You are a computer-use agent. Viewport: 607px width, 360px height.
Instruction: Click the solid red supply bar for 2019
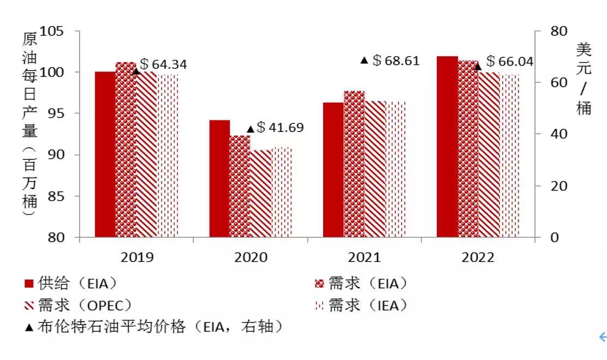tap(105, 154)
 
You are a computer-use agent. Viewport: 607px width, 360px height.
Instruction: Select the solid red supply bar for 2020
tap(219, 179)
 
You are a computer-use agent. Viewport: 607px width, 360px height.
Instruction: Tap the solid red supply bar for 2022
tap(447, 147)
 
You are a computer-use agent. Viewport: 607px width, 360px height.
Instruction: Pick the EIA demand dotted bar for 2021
tap(354, 164)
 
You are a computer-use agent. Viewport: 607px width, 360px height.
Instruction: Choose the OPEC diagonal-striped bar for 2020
tap(261, 193)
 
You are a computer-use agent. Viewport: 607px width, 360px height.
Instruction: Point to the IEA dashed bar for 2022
tap(510, 155)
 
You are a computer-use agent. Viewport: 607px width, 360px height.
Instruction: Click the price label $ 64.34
tap(163, 64)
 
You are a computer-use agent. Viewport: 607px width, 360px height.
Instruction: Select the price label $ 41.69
tap(280, 127)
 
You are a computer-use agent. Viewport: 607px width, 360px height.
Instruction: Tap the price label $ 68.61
tap(396, 61)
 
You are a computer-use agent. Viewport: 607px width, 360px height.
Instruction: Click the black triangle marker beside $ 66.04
tap(478, 67)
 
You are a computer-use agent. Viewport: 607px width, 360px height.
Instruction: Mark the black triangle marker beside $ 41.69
tap(251, 129)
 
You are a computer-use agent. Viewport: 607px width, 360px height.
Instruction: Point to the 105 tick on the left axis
tap(51, 31)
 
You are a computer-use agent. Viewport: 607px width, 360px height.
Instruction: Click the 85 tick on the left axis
tap(56, 196)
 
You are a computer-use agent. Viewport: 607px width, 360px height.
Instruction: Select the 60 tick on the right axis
tap(558, 82)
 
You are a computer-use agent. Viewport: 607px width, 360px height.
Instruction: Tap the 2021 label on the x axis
tap(364, 257)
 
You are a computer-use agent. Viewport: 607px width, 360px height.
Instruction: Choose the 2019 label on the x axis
tap(137, 257)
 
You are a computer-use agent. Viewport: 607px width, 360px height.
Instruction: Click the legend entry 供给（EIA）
tap(70, 284)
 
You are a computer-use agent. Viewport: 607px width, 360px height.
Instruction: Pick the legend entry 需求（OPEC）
tap(78, 305)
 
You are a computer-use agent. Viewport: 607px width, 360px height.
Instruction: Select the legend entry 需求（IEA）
tap(361, 305)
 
